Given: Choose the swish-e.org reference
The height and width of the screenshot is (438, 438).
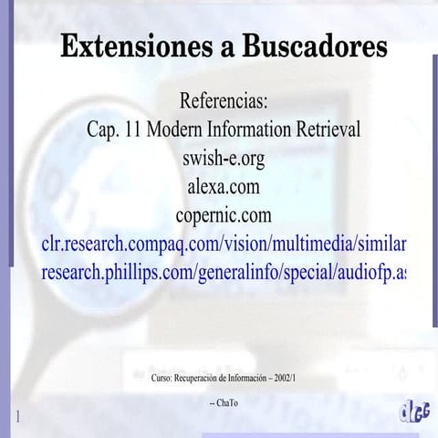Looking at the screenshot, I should point(224,158).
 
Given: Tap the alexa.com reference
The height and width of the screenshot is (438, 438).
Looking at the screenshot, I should point(224,187).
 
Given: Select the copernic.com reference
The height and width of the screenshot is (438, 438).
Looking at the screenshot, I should point(224,216).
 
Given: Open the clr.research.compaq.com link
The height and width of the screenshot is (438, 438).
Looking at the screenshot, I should point(224,245).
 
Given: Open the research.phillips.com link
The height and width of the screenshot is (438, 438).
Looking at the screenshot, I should point(224,274).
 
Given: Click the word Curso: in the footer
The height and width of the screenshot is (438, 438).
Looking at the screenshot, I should point(163,376).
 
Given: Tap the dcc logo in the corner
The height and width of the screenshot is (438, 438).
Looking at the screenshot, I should point(414,412).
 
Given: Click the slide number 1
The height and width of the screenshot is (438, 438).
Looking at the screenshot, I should point(17,417).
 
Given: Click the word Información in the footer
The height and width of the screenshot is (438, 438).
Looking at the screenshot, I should point(245,376).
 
